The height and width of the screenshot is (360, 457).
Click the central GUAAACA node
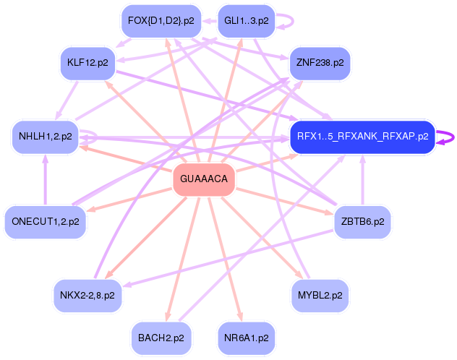[203, 179]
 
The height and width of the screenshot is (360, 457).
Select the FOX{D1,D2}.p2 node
[160, 20]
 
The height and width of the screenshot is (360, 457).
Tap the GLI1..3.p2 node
[246, 20]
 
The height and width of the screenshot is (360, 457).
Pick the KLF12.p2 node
[87, 63]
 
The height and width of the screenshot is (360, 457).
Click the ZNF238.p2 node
[319, 63]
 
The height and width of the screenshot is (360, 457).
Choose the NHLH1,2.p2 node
[45, 136]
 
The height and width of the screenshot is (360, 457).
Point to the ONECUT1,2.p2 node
[45, 222]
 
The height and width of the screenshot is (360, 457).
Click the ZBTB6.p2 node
[362, 222]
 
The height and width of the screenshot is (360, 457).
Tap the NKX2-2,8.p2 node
[87, 295]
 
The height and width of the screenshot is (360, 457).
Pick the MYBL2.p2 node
[319, 295]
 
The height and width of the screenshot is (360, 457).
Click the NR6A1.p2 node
[246, 338]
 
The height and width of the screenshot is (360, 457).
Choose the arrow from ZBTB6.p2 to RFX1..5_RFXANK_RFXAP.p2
[362, 181]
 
